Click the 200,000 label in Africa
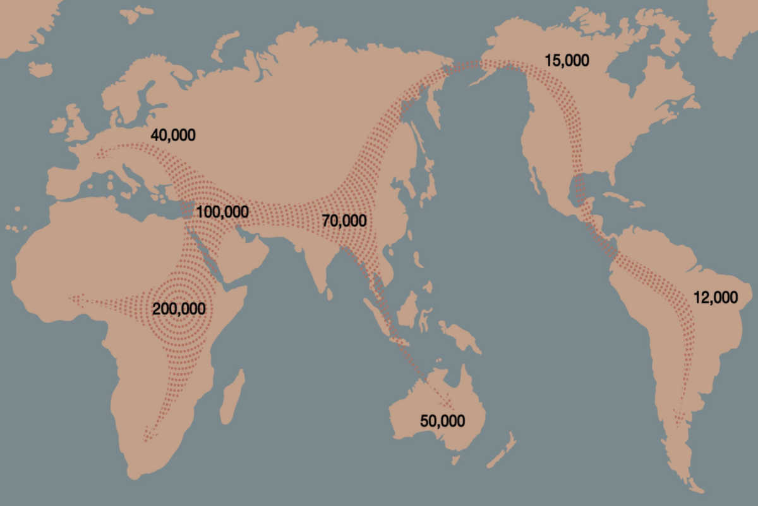coord(179,309)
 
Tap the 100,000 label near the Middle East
coord(222,212)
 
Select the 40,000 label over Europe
coord(172,135)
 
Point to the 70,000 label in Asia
coord(344,221)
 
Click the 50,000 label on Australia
coord(442,421)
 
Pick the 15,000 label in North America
coord(567,61)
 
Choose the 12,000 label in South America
coord(715,297)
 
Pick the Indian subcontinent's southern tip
coord(328,288)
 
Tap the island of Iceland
coord(40,68)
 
